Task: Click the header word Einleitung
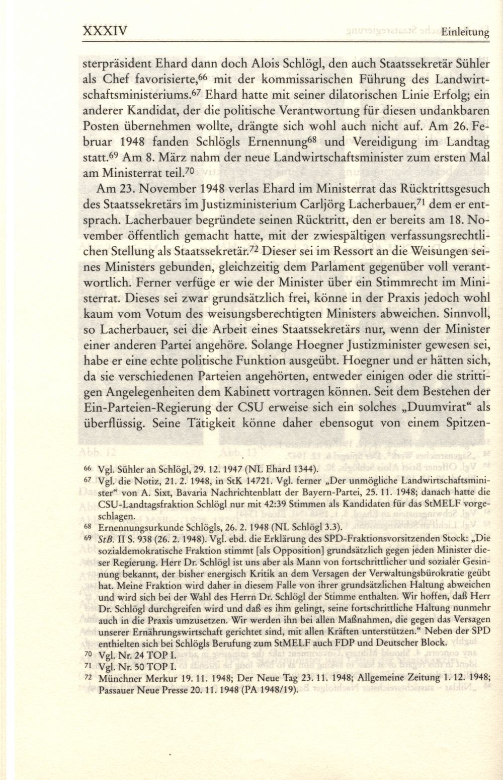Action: [466, 33]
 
